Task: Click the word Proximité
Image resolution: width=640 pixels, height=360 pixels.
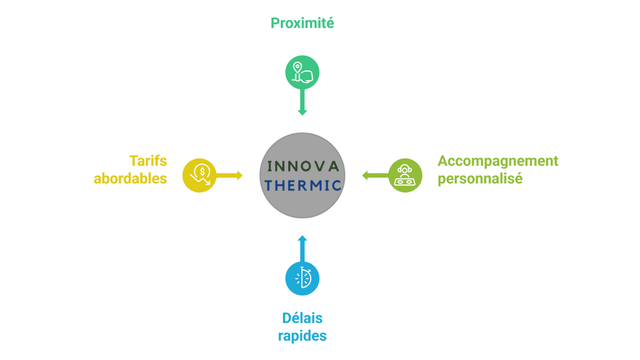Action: coord(302,23)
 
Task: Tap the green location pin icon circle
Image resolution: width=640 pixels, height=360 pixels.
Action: coord(302,72)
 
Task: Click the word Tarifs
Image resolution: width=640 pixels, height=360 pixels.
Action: coord(148,161)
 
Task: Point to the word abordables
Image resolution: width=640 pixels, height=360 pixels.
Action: coord(130,178)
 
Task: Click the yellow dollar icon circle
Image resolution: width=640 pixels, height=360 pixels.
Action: coord(199,175)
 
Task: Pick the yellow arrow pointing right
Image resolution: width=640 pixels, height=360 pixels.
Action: coord(230,175)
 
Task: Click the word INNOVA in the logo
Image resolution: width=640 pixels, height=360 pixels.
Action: coord(303,166)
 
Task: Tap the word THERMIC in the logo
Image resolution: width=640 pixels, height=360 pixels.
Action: coord(303,185)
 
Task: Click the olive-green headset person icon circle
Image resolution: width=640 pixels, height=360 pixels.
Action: coord(405,175)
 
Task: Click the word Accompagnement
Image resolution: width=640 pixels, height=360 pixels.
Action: coord(498,161)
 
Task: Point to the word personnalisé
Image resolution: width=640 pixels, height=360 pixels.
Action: coord(480,178)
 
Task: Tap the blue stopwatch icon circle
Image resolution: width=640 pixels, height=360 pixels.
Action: coord(302,278)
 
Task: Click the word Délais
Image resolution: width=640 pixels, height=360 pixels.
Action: coord(302,318)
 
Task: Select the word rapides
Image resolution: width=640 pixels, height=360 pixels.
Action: coord(302,336)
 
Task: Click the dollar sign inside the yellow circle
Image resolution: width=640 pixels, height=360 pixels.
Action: coord(202,171)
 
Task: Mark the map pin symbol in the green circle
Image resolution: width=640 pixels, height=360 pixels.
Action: coord(297,67)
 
